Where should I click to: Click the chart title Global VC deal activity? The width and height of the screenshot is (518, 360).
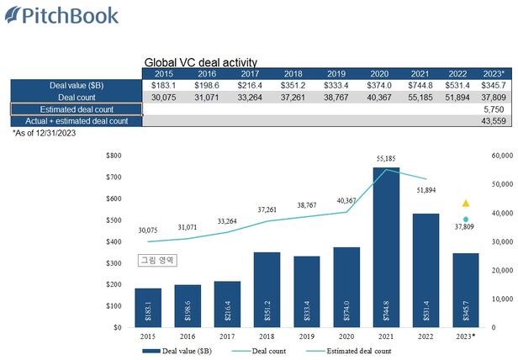(201, 62)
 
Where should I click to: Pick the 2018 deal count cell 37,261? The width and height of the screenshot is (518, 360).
(293, 98)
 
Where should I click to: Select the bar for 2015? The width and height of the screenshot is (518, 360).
(148, 307)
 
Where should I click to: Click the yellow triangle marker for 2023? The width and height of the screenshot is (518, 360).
(466, 204)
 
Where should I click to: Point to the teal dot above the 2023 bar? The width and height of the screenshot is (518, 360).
(466, 219)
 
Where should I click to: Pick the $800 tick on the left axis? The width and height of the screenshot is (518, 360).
(114, 156)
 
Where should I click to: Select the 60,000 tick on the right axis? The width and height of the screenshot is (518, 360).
(502, 156)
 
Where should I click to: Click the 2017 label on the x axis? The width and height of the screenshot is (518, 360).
(228, 336)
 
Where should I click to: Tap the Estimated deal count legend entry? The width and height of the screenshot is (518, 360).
(352, 350)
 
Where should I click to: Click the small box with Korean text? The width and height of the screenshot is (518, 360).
(156, 261)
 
